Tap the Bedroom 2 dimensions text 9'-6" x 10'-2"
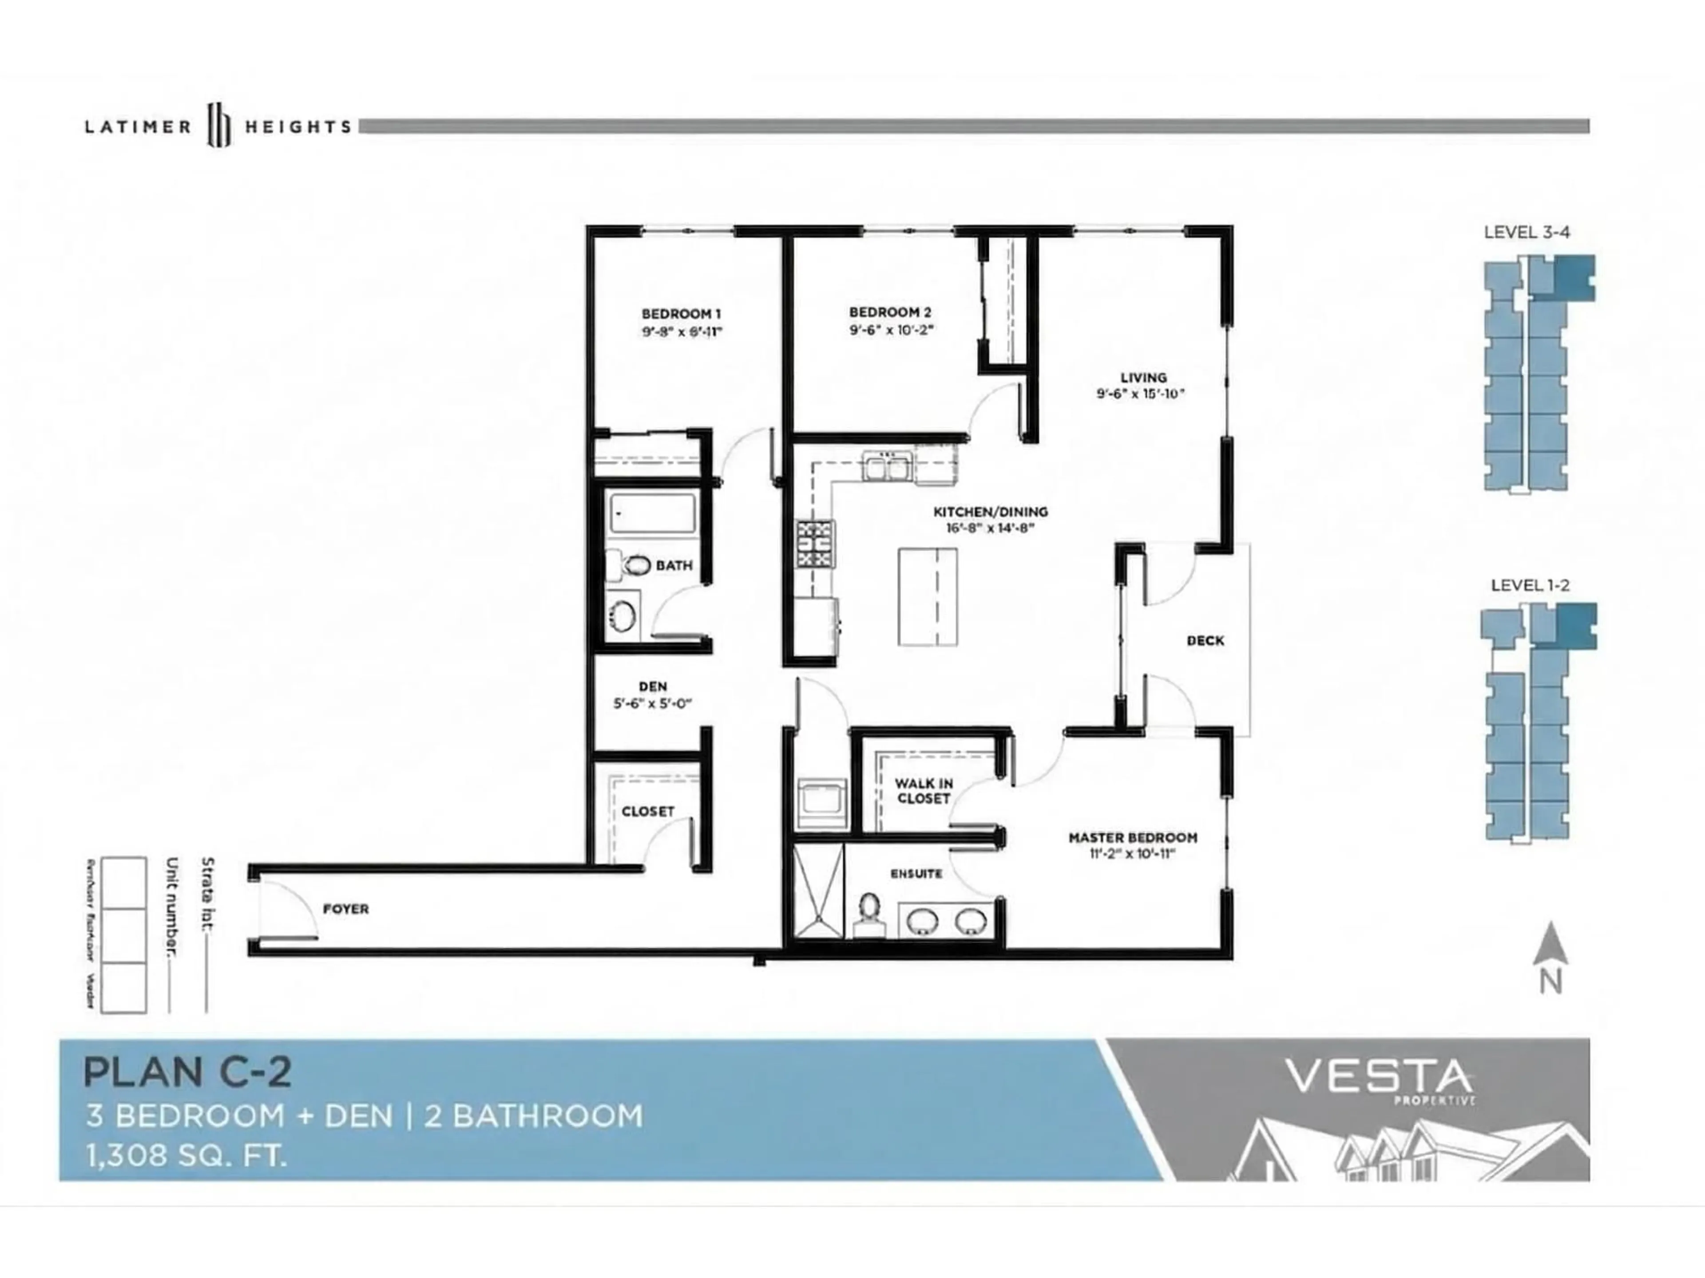pos(891,330)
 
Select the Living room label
pos(1142,378)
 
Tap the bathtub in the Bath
pos(652,512)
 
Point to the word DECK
pos(1205,640)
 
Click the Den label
pos(652,686)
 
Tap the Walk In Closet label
pos(924,790)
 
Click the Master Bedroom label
pos(1132,837)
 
